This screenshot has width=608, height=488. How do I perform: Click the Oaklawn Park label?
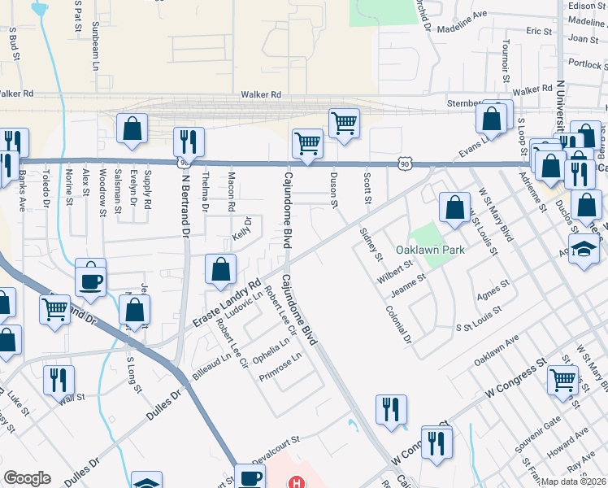point(430,250)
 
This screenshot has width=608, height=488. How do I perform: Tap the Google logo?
point(27,478)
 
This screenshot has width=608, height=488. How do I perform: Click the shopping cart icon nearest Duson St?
point(344,123)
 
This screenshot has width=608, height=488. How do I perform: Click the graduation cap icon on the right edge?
point(584,247)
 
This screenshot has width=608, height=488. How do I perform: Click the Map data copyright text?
point(574,481)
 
